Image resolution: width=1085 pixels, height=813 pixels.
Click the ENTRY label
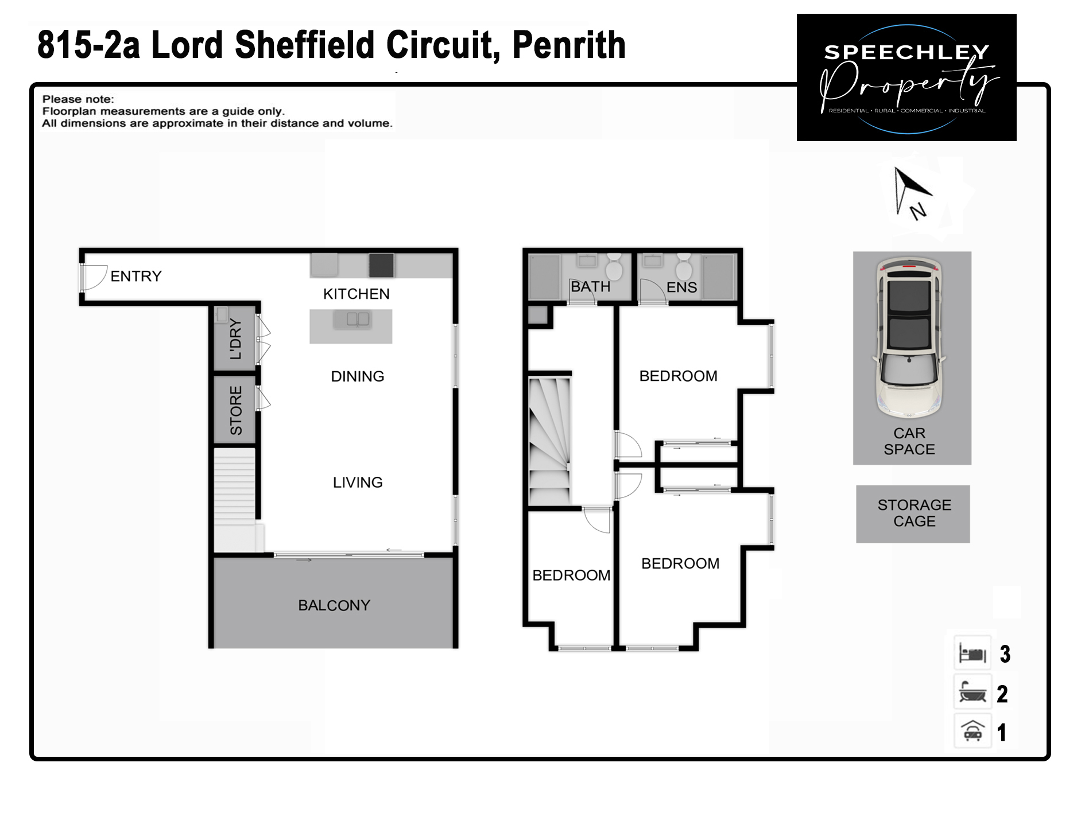[136, 277]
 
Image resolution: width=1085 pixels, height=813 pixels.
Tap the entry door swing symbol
[94, 277]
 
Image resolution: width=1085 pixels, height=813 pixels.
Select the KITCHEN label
[356, 294]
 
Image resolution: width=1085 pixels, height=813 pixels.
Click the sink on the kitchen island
[358, 319]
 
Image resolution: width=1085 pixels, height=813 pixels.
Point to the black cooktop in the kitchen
[381, 265]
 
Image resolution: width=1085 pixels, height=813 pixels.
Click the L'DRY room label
[235, 339]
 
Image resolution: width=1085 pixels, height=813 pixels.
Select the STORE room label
[235, 410]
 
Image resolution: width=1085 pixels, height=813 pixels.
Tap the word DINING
[357, 376]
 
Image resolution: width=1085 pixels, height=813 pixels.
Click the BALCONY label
[334, 605]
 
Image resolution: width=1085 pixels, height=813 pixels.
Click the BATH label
[590, 286]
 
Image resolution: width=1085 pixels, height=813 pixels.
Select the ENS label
[681, 287]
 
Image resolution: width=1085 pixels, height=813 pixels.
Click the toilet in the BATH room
[614, 267]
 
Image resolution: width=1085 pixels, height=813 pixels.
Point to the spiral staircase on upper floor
[549, 442]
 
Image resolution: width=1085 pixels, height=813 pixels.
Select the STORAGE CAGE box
[913, 514]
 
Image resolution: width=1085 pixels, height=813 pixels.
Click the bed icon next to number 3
[972, 653]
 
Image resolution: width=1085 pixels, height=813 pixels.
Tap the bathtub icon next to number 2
[972, 693]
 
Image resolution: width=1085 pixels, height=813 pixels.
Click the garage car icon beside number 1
[972, 732]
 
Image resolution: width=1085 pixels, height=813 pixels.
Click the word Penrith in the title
[568, 45]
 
